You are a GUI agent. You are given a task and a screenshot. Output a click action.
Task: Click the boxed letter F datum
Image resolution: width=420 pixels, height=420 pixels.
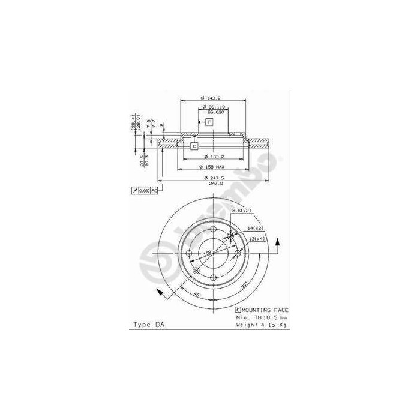point(209,122)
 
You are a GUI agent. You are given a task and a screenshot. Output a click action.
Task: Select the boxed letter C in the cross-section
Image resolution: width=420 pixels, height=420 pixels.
point(194,146)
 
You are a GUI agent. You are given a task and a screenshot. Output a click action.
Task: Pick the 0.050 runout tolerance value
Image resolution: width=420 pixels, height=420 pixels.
point(144,190)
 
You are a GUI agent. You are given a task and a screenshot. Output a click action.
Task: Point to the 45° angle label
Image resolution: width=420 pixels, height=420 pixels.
point(197,294)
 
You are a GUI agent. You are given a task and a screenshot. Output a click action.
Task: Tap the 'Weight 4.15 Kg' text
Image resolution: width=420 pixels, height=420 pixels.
point(261,324)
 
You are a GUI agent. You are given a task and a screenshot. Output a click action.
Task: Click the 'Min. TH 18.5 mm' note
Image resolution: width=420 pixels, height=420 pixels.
point(262,316)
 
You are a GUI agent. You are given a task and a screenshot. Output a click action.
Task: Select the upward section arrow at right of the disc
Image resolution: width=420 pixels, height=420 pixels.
point(278,243)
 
